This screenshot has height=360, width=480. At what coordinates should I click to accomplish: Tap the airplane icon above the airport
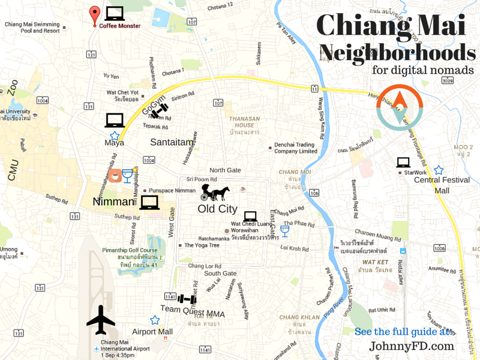point(101,320)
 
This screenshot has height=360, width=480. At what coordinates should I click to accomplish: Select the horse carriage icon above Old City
point(215,192)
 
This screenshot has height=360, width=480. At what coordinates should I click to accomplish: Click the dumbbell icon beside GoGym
point(159,111)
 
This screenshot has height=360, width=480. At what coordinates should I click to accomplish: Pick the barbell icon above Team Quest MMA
point(187,298)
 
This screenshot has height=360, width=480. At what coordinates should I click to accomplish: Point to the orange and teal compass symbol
point(400,107)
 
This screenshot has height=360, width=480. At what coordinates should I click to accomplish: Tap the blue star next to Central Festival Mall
point(439,170)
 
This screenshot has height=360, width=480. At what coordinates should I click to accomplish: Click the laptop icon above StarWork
point(403,162)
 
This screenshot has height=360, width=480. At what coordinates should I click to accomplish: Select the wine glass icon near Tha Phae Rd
point(284,230)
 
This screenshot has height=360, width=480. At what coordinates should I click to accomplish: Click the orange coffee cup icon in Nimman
point(114,176)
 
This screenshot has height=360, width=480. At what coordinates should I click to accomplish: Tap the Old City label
point(217,209)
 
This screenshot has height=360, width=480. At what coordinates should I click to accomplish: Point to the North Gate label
point(225,170)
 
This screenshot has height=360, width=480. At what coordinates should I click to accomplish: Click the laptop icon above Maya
point(115,120)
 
